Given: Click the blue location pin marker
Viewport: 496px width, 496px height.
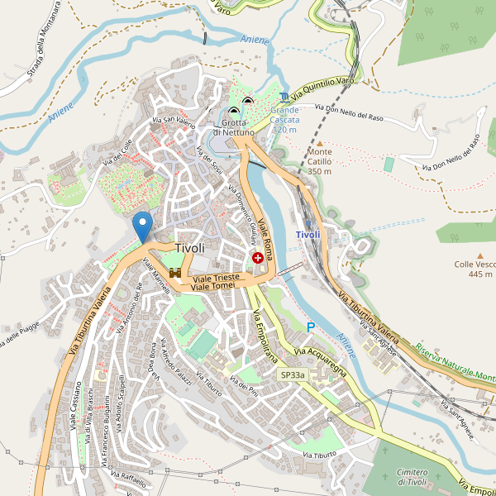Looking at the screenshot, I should click(x=143, y=226).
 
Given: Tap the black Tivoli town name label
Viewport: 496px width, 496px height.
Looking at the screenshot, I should click(x=189, y=248).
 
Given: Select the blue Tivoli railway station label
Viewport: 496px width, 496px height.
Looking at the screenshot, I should click(x=308, y=236).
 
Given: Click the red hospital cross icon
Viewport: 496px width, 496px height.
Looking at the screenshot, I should click(x=258, y=258).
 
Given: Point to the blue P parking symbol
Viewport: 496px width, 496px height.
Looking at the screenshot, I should click(x=311, y=327).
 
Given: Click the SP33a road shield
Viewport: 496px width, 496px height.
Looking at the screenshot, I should click(x=291, y=374).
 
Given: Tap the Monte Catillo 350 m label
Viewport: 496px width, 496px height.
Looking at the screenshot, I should click(x=319, y=161).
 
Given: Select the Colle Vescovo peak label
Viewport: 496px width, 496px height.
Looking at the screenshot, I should click(x=475, y=269).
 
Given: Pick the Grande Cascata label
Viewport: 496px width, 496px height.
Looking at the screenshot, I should click(x=284, y=120).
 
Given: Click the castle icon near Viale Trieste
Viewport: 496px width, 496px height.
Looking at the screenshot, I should click(x=174, y=272).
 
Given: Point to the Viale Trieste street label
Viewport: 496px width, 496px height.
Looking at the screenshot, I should click(x=216, y=279).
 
